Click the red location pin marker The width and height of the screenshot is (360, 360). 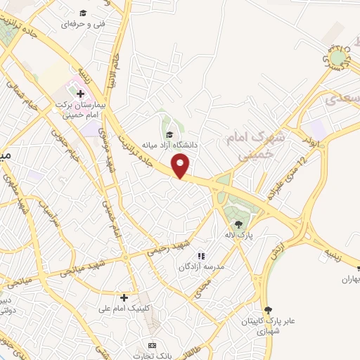tap(181, 165)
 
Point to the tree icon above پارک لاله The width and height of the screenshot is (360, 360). tap(239, 224)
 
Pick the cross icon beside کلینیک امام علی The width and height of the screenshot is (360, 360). tap(124, 297)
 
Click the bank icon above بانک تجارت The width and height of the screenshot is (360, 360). tap(151, 345)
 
